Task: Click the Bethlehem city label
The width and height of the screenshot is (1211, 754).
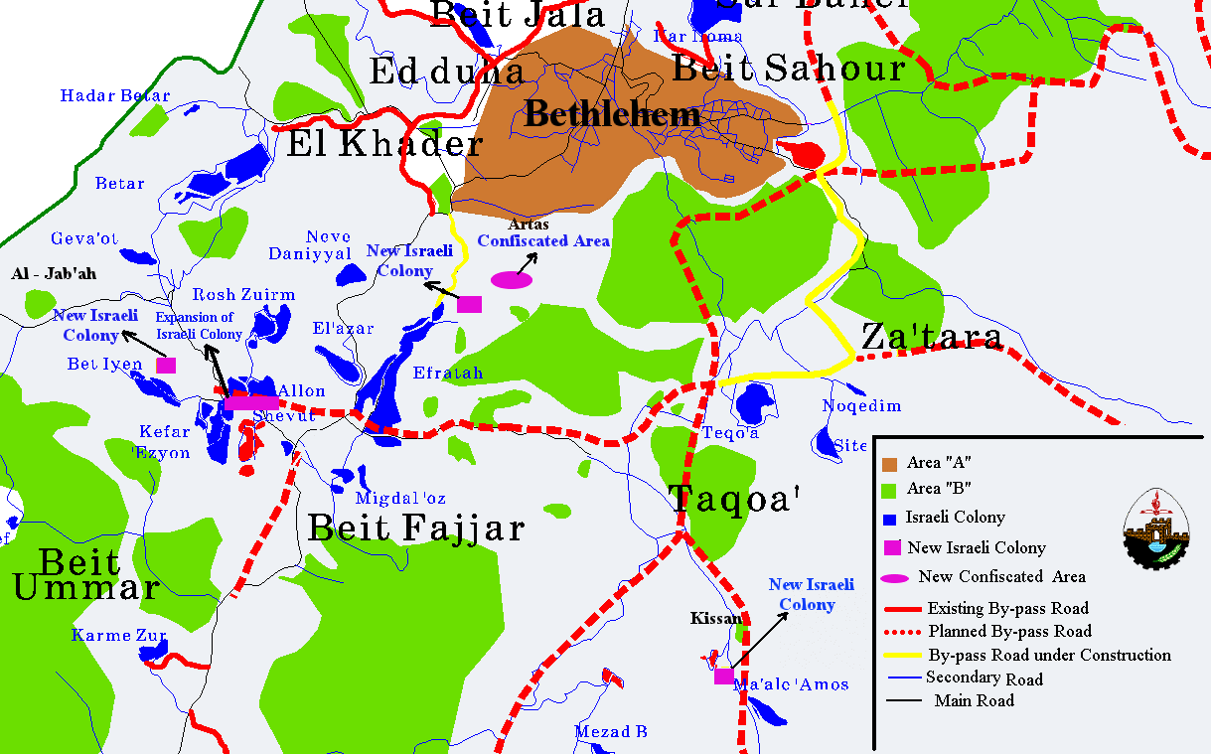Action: pos(612,115)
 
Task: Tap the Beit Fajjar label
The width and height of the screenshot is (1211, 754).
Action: pos(415,527)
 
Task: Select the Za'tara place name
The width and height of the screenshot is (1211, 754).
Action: pos(932,336)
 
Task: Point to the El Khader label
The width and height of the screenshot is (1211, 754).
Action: pos(384,144)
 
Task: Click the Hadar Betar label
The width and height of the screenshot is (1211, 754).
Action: pos(115,96)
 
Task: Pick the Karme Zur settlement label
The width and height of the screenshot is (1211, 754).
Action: pos(119,635)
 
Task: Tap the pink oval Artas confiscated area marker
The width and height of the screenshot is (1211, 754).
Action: pos(512,279)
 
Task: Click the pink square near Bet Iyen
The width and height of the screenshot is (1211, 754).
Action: pos(166,365)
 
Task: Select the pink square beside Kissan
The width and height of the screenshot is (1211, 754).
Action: pos(724,677)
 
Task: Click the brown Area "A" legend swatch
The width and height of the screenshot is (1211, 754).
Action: pos(890,463)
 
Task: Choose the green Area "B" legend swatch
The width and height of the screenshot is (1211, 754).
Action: pos(890,489)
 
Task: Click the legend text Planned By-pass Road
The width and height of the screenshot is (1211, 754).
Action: pos(1009,631)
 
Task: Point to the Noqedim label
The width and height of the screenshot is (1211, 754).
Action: pos(861,405)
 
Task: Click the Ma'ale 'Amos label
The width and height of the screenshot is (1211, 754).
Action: pos(791,684)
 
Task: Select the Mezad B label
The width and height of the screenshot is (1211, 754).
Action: pos(611,732)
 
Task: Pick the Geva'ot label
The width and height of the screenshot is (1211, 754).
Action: pos(84,239)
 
